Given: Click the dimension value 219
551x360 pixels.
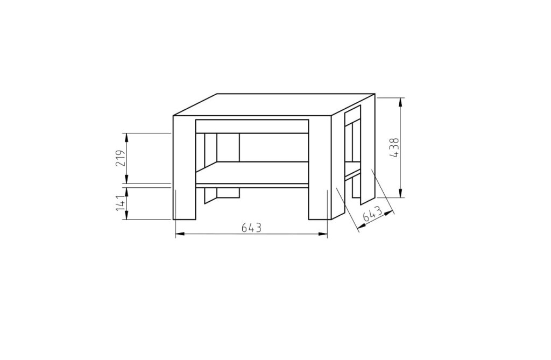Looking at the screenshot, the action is [x=120, y=158].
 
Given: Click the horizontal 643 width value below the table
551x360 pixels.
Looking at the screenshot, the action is [x=252, y=228].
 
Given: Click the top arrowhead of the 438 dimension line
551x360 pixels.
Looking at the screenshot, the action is [x=400, y=102].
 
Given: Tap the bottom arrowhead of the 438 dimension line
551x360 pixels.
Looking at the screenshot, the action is [x=400, y=193].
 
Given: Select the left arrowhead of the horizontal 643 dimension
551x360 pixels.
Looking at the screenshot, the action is [x=180, y=234].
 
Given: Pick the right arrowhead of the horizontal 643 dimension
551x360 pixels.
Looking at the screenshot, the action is [x=323, y=234].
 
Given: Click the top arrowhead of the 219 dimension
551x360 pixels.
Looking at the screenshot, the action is [x=127, y=137].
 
